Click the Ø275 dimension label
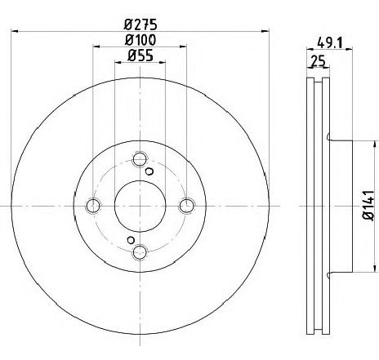point(140,24)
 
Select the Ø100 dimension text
point(140,40)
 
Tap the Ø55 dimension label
point(140,56)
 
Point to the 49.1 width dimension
point(330,42)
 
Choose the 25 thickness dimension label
point(319,61)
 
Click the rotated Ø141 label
point(368,206)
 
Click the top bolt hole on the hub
point(140,159)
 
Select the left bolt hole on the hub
point(93,206)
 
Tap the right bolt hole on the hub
point(187,206)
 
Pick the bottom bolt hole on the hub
point(140,252)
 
